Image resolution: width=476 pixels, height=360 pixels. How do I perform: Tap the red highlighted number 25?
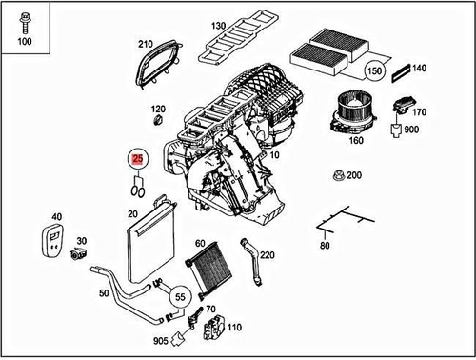point(138,161)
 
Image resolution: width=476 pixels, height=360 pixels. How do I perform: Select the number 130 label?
point(218,25)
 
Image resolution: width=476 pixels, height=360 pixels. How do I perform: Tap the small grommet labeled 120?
point(158,123)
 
